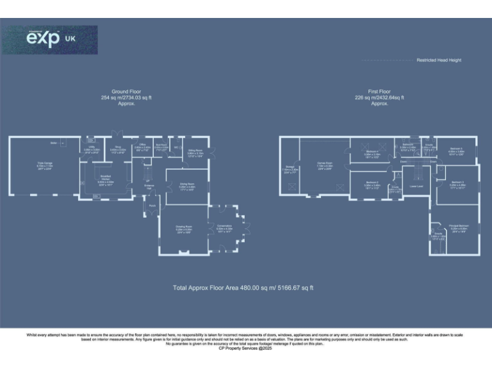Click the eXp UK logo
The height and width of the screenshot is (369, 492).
point(51,39)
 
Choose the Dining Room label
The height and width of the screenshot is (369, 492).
point(186,187)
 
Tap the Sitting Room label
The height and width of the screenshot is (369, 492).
point(195,153)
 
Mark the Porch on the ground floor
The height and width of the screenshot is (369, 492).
point(152,206)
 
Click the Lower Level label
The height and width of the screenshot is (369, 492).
point(416,186)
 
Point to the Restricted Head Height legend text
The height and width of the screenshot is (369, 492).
point(439,60)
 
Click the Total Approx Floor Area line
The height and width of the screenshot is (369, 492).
point(243,288)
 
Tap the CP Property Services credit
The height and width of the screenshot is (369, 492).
point(245,348)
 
